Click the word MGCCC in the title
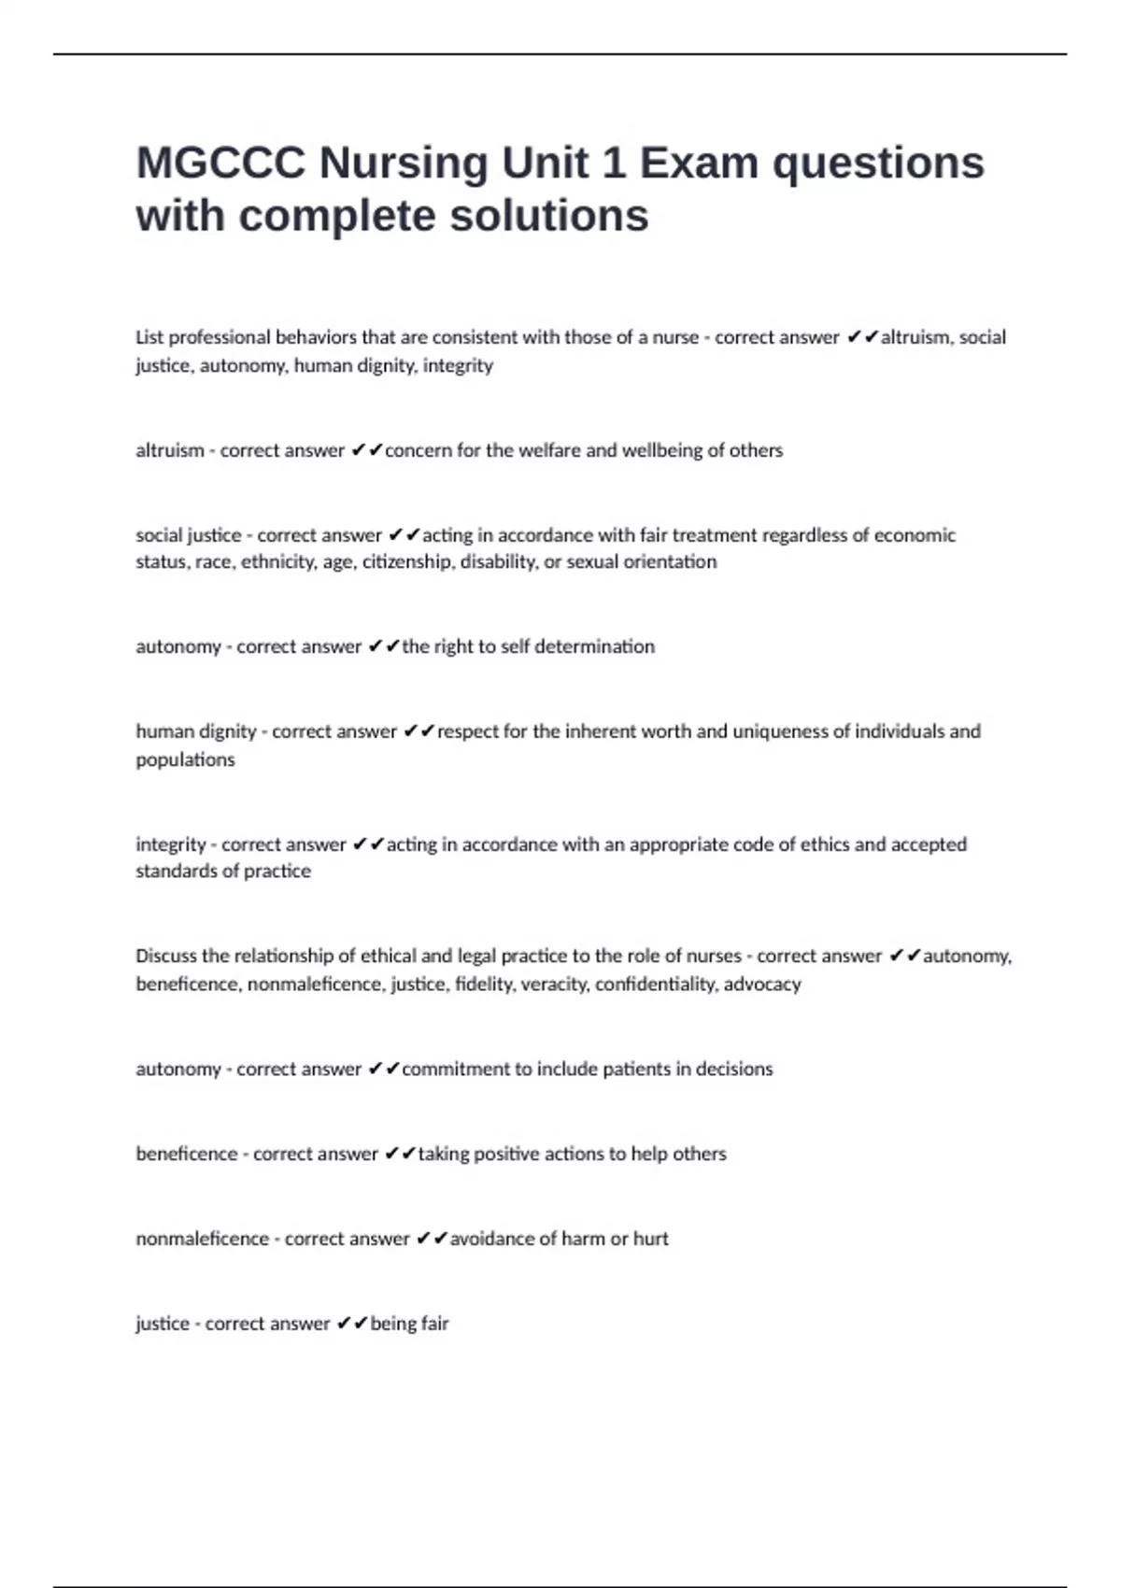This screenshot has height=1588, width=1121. coord(220,163)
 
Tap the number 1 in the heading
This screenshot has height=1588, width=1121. coord(614,163)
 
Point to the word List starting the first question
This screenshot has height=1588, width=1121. coord(149,337)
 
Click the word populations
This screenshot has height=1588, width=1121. coord(185,759)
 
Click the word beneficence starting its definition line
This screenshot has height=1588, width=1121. coord(187,1154)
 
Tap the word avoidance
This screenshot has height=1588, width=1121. coord(492,1239)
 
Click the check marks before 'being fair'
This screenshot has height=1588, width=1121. coord(352,1324)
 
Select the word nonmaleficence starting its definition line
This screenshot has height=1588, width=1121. coord(202,1239)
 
